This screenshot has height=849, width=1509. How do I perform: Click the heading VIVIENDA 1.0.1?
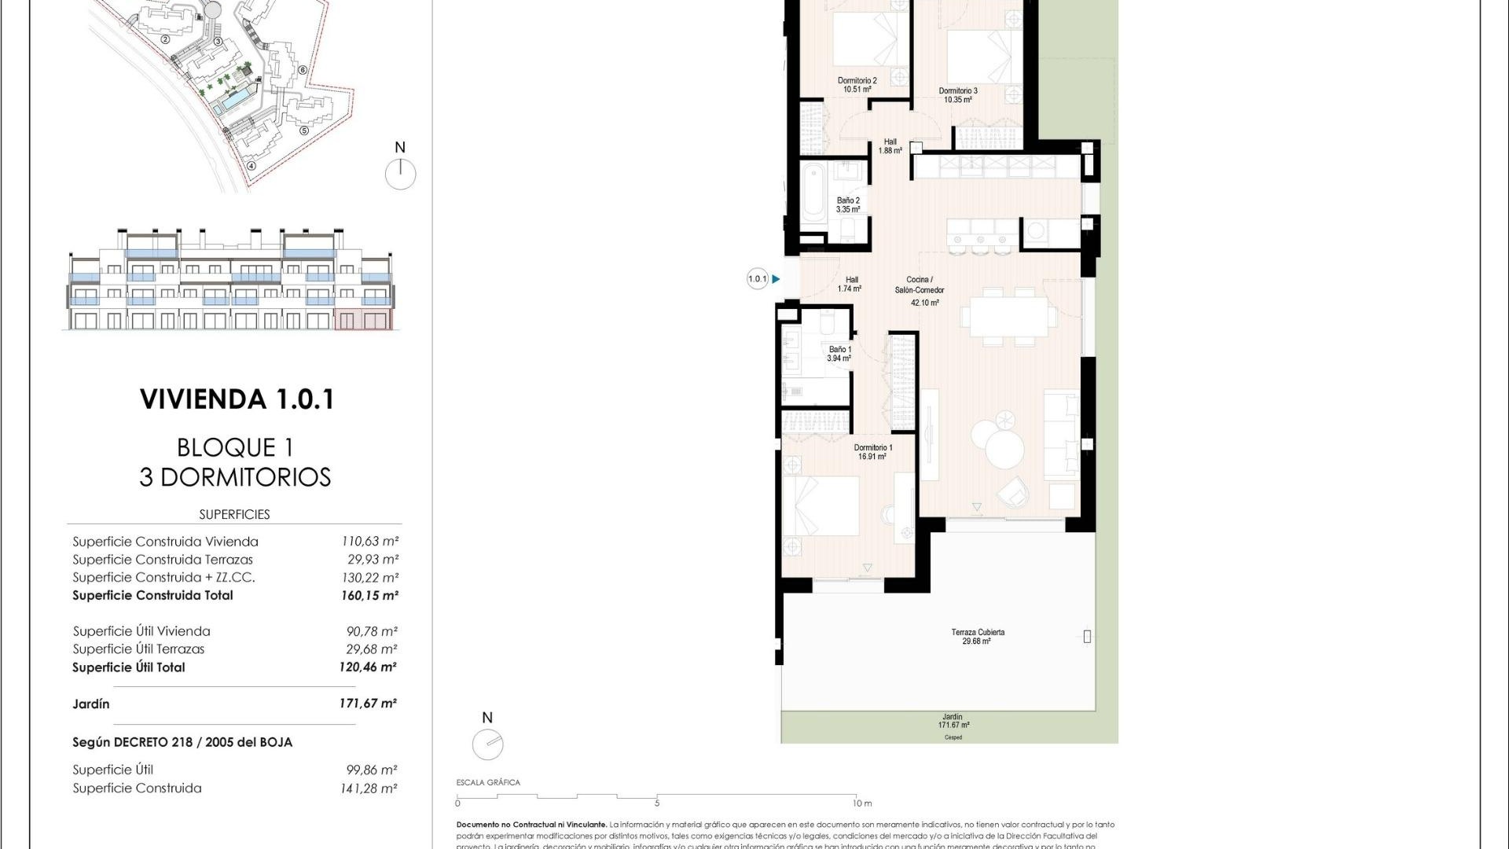237,399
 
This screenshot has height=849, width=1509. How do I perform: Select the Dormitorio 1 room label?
872,452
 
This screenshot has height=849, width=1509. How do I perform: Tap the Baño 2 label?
848,205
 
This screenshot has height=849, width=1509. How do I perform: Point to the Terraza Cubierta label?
977,636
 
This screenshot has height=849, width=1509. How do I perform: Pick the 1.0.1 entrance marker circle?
757,279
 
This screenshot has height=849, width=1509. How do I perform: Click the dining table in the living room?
1008,316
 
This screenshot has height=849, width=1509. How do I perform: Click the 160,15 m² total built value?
369,595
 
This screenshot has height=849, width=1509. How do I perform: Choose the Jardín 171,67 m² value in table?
367,704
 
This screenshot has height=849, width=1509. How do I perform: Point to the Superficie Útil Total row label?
129,667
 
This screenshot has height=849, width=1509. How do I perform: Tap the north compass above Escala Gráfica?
487,744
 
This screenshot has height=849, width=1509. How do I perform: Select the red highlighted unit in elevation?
362,319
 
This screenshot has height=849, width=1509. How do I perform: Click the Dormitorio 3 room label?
958,95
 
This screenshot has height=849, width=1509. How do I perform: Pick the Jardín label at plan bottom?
952,721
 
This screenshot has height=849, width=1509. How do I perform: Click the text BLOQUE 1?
235,447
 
